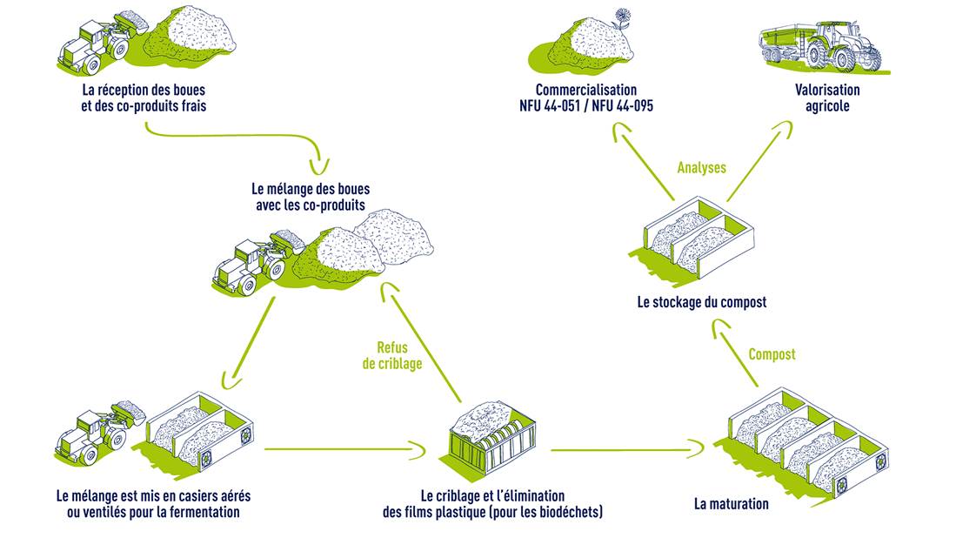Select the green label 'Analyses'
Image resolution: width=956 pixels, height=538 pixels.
point(701,168)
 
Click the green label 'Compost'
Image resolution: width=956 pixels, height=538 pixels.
point(772,354)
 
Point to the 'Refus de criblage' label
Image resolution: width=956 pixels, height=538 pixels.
point(392,356)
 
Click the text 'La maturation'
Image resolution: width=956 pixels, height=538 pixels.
point(731,503)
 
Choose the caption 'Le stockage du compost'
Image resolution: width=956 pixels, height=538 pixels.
point(701,302)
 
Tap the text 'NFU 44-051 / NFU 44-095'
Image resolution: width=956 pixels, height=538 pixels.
point(585,106)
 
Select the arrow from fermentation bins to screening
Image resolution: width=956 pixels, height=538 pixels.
point(344,450)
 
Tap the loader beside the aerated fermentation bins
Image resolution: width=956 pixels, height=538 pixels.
point(96,427)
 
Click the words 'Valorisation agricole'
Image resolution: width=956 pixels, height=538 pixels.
point(826,98)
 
